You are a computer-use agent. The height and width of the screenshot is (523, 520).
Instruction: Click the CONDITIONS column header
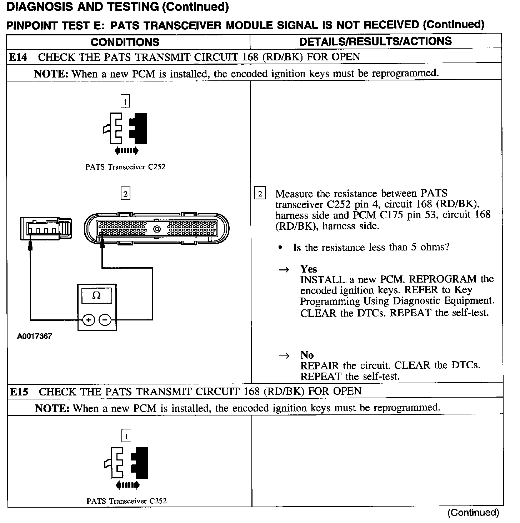pos(125,42)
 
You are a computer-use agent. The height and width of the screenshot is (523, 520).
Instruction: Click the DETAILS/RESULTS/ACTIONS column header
pos(375,41)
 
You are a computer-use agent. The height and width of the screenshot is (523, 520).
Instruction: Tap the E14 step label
pos(17,57)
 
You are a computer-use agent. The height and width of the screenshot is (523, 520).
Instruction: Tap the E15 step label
pos(19,392)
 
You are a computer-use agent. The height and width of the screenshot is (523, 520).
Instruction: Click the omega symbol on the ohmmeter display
pos(96,296)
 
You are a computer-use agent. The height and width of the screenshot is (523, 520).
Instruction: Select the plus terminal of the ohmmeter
pos(88,320)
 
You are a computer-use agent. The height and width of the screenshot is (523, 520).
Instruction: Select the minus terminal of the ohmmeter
pos(105,320)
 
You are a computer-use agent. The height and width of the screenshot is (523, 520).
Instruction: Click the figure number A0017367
pos(34,336)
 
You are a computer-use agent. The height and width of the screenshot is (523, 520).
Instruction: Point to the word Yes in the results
pos(309,269)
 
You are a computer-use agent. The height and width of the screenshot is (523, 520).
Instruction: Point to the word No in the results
pos(307,355)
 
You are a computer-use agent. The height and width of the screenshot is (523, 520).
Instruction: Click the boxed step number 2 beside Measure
pos(260,194)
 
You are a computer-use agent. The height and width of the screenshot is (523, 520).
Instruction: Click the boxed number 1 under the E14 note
pos(125,102)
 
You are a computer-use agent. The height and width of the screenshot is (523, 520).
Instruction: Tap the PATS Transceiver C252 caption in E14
pos(125,167)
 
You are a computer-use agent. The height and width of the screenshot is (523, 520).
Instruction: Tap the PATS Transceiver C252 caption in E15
pos(126,501)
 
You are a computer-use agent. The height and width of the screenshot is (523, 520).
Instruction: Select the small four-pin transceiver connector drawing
pos(45,228)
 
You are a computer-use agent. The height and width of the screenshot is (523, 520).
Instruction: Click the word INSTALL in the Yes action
pos(322,279)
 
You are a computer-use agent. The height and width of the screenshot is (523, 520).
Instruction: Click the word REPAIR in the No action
pos(319,366)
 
